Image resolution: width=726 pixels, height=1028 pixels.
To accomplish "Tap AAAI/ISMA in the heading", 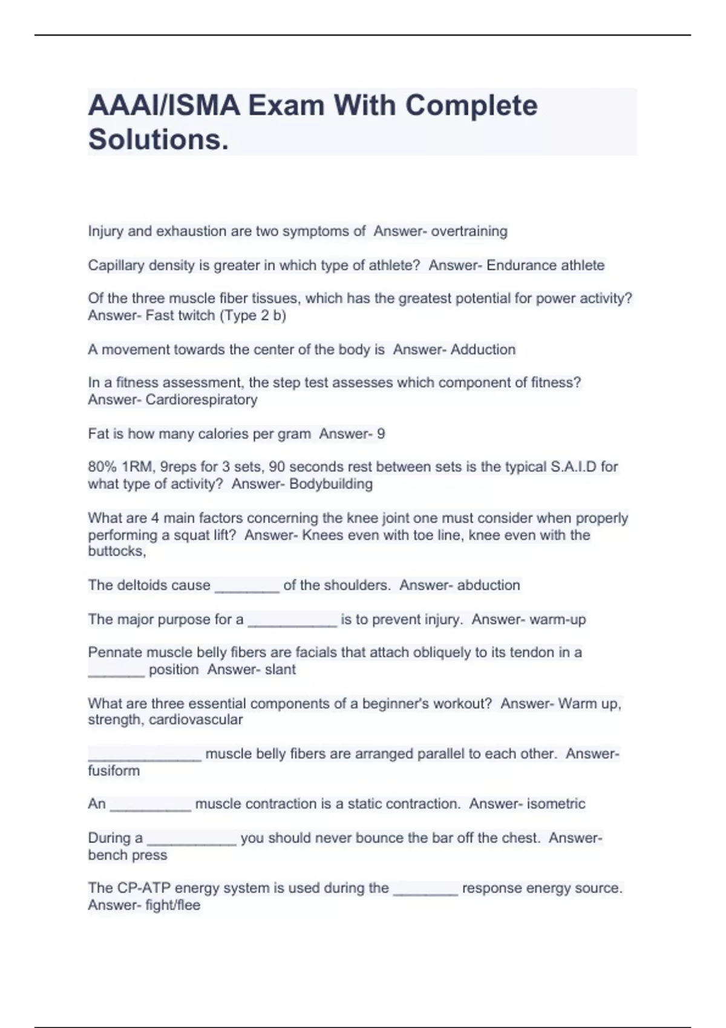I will click(163, 106).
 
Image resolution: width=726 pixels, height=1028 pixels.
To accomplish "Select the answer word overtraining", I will click(469, 231).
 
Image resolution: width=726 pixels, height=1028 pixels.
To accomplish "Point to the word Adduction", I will click(483, 350).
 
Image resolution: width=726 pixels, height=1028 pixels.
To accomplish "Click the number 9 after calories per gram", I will click(381, 434).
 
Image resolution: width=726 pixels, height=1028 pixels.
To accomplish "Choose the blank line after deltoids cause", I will click(247, 587).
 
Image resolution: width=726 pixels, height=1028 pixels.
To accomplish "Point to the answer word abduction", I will click(488, 585).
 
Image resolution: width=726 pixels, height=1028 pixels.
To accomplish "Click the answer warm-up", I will click(557, 619).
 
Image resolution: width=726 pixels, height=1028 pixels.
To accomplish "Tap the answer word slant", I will click(280, 669).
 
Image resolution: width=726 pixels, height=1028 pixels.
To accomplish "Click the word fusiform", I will click(114, 770).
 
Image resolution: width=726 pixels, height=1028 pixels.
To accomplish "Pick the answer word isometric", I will click(555, 804).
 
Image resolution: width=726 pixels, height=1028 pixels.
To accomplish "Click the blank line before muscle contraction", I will click(151, 805).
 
